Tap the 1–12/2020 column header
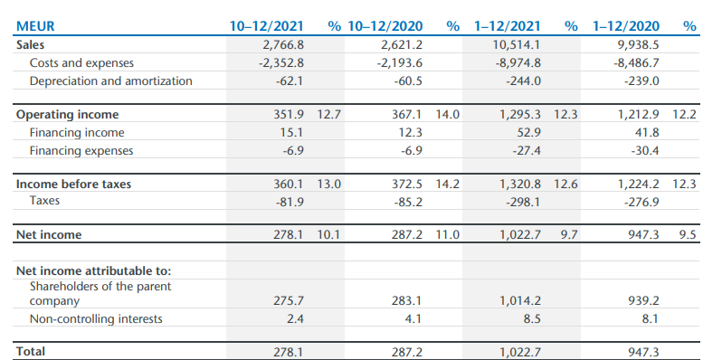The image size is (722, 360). click(627, 26)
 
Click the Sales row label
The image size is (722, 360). click(31, 43)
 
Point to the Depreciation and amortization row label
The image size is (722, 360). click(110, 81)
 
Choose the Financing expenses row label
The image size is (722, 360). click(81, 151)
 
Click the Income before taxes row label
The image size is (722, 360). click(73, 185)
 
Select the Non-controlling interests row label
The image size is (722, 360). click(96, 318)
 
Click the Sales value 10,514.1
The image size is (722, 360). click(516, 43)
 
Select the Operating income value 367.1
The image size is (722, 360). click(404, 115)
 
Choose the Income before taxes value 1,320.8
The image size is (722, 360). click(519, 185)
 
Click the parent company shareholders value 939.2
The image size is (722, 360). click(644, 300)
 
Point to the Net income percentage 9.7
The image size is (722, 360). click(569, 235)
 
